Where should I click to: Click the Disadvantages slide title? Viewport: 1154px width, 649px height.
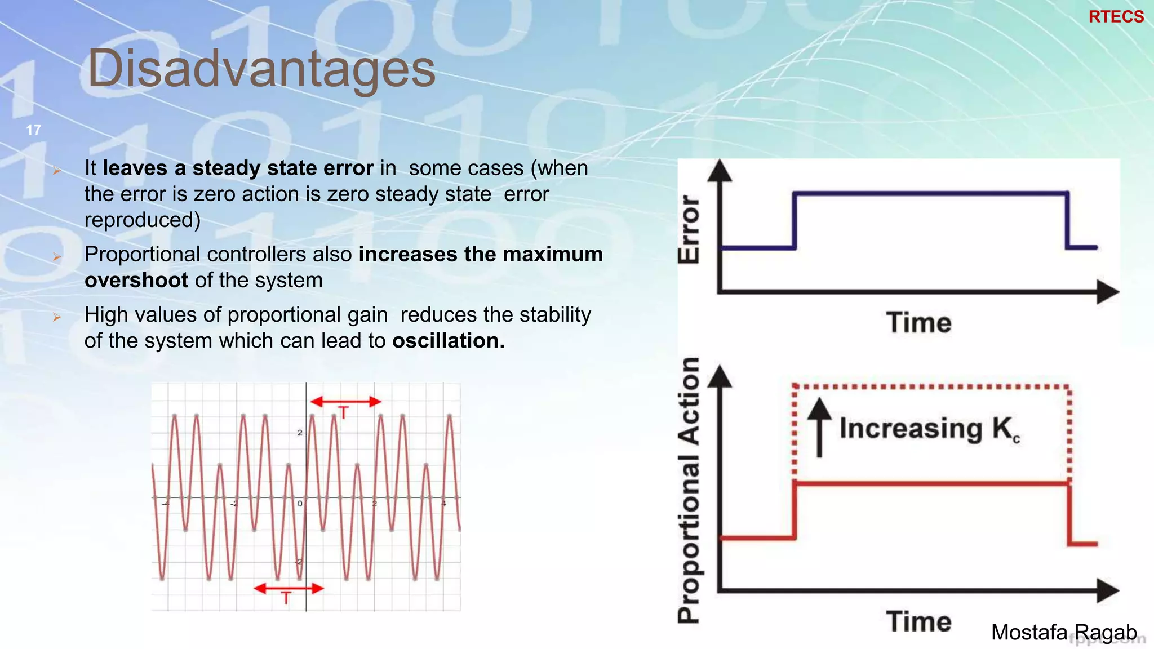point(261,69)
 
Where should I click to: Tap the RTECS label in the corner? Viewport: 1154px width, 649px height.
point(1116,17)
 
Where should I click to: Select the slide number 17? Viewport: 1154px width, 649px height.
point(33,130)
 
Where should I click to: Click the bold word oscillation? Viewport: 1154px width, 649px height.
point(448,341)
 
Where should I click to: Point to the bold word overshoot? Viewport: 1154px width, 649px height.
point(136,281)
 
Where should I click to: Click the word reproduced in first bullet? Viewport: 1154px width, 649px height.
point(142,220)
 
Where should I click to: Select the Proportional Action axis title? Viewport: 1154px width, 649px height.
point(689,490)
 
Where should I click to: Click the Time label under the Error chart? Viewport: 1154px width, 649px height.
point(918,323)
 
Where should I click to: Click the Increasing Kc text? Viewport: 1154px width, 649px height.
point(929,429)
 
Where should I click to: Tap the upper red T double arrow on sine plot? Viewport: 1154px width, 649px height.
point(345,402)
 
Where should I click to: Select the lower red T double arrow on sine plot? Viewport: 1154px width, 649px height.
point(288,589)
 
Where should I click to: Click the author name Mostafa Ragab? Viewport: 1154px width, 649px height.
point(1063,632)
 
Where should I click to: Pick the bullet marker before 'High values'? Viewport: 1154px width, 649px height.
point(56,317)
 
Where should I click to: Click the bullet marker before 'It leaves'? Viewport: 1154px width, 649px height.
point(56,170)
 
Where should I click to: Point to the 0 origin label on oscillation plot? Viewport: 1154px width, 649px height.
point(300,503)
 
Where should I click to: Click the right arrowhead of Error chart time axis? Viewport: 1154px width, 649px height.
point(1107,292)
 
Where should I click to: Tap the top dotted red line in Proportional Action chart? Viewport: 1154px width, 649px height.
point(930,386)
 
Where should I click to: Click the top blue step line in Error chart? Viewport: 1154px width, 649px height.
point(930,194)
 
